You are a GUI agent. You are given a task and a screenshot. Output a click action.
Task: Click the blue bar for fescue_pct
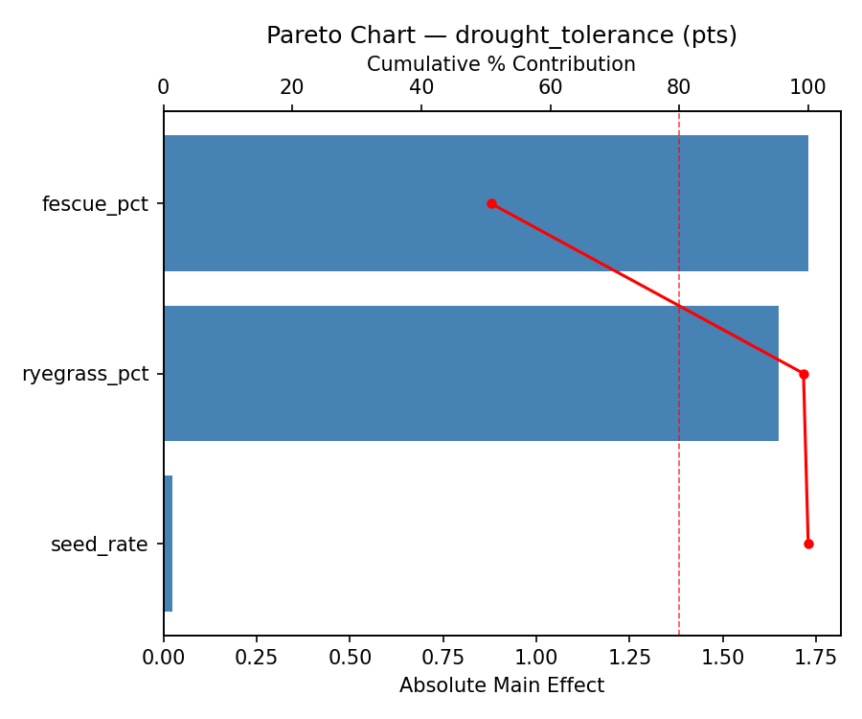[x=486, y=203]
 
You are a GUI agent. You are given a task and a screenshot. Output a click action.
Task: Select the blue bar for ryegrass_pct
[x=470, y=373]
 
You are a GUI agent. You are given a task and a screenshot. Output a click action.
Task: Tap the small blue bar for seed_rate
[x=168, y=544]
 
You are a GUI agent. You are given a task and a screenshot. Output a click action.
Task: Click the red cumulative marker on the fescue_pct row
[x=491, y=203]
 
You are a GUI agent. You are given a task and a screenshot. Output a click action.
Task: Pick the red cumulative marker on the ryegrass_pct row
[x=804, y=374]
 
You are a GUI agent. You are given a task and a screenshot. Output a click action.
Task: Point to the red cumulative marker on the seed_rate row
[x=808, y=544]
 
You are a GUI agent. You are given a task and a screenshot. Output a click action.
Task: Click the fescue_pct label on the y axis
[x=95, y=204]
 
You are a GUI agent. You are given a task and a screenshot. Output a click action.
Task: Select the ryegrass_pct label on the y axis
[x=85, y=374]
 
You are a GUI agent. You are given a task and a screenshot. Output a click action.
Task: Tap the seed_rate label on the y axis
[x=99, y=545]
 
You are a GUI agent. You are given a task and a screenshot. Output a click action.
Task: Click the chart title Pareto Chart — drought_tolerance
[x=501, y=35]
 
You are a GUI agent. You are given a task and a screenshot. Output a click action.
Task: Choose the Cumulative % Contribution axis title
[x=501, y=64]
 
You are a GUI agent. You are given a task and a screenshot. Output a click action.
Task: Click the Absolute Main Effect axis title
[x=501, y=685]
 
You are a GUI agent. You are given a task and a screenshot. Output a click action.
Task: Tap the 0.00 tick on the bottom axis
[x=164, y=659]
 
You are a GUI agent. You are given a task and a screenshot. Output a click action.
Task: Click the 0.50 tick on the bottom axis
[x=350, y=659]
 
